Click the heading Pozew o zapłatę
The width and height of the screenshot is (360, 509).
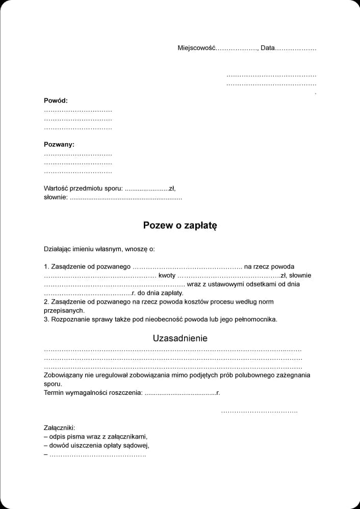click(180, 225)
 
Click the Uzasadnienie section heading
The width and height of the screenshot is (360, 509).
click(180, 338)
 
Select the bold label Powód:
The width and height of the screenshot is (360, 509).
click(56, 100)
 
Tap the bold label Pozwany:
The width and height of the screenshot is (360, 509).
click(59, 144)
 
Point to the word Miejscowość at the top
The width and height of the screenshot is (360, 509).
click(197, 48)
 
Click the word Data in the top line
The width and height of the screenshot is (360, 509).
click(267, 48)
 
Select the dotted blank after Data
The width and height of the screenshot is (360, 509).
click(296, 48)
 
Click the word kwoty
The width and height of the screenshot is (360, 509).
click(167, 275)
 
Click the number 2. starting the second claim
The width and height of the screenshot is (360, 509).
click(47, 302)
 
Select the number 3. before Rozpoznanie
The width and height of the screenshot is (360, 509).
click(47, 319)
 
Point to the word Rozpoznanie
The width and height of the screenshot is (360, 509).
click(70, 319)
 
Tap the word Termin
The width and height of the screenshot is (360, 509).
click(55, 393)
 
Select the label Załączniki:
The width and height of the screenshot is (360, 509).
click(59, 427)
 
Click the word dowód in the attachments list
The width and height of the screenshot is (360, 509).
click(59, 445)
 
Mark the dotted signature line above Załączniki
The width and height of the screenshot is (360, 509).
click(259, 411)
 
